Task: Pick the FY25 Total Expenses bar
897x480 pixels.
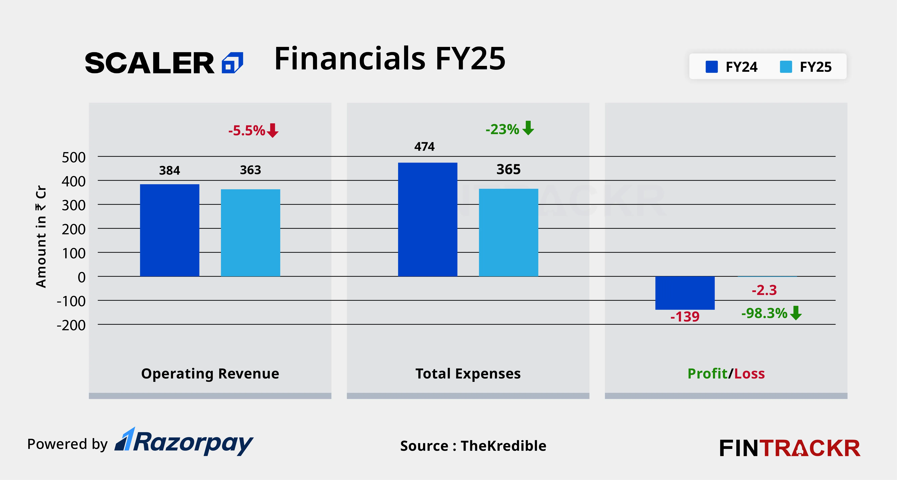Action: click(508, 232)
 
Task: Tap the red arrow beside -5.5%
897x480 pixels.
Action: click(273, 131)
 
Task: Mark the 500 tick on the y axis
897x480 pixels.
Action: click(73, 157)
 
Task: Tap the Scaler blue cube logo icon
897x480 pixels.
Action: click(232, 63)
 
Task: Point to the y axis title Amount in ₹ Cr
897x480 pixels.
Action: click(41, 237)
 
